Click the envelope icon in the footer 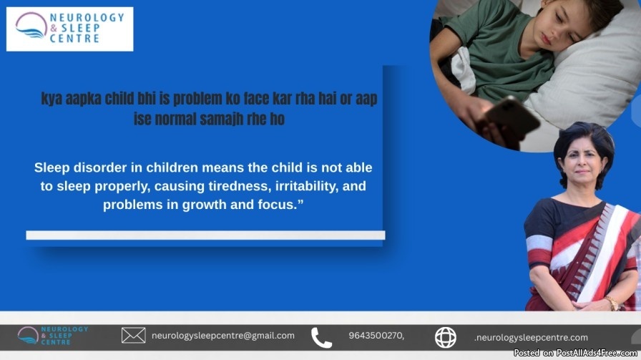133,336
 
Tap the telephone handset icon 321,338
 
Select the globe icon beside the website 445,338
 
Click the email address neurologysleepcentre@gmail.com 222,336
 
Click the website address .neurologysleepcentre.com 531,338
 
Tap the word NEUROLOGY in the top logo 87,18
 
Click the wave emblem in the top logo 31,25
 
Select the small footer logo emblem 28,336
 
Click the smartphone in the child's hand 512,118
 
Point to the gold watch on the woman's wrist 612,303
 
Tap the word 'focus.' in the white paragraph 281,205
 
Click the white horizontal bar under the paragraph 205,235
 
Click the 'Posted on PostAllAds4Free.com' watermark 575,353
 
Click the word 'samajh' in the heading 222,119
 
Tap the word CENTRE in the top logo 74,39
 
